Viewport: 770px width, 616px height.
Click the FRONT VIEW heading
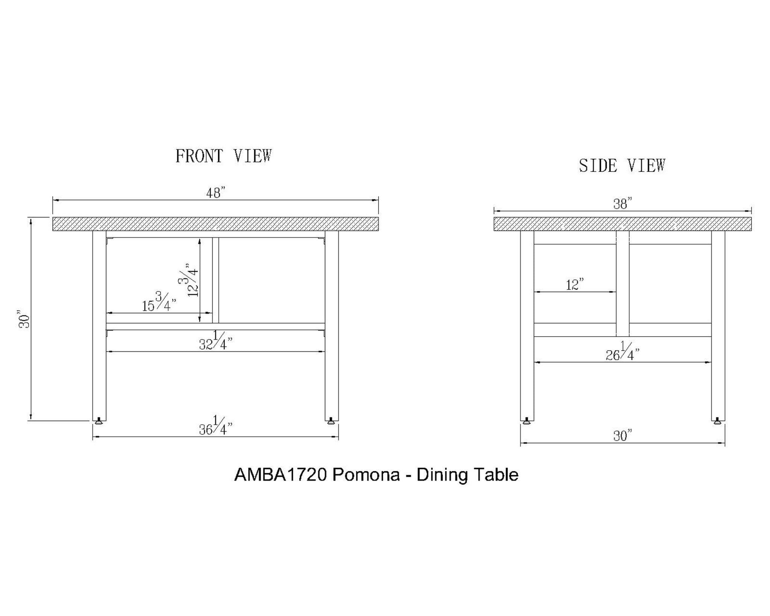tap(223, 156)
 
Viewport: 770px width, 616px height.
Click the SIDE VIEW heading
tap(622, 165)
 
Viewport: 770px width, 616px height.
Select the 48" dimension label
tap(215, 193)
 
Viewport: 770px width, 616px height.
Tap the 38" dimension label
tap(622, 204)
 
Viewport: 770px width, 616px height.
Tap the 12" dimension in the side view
tap(575, 285)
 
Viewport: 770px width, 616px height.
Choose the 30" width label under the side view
tap(622, 436)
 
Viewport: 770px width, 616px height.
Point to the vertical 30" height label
tap(24, 319)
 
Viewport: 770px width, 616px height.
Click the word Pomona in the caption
tap(366, 475)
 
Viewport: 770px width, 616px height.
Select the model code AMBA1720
tap(280, 475)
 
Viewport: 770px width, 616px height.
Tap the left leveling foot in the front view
tap(99, 421)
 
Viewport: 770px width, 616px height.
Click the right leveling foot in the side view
tap(718, 421)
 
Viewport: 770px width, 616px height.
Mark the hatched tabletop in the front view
tap(215, 224)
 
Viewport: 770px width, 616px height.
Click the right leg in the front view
tap(331, 323)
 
